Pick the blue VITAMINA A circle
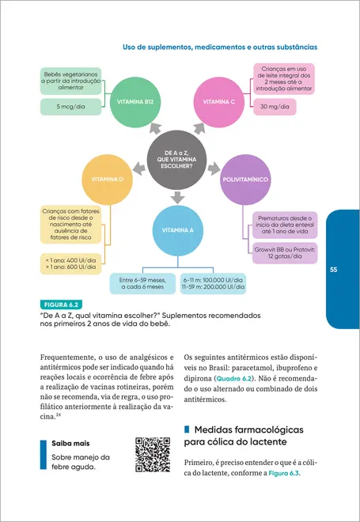click(177, 229)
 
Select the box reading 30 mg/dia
click(284, 106)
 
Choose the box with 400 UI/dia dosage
click(70, 264)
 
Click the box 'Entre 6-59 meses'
click(142, 284)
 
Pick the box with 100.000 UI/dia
click(213, 284)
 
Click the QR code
click(153, 454)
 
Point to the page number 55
click(334, 270)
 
